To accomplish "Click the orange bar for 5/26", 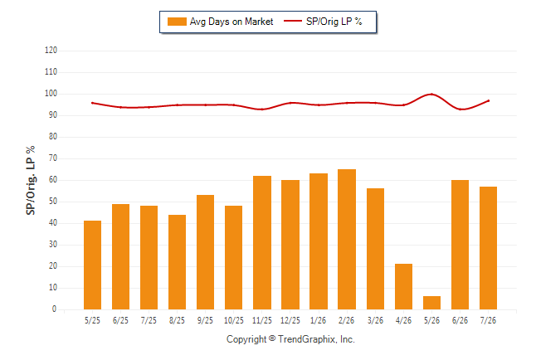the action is [431, 303].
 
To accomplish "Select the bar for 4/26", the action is [403, 286].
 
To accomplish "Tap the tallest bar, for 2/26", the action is [347, 240].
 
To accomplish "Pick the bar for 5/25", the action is [92, 265].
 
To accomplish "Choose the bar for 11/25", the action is [262, 243].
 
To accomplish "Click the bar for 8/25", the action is [177, 262].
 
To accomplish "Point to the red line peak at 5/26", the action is [431, 94].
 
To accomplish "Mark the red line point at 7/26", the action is [488, 101].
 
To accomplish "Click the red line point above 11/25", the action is [262, 109].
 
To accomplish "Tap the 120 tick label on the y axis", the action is [51, 51].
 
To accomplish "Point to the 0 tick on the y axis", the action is [54, 309].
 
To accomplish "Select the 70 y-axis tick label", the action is [52, 158].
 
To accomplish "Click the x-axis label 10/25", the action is [234, 320].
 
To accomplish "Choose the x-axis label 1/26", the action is [319, 320].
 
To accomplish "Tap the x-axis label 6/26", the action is [460, 320].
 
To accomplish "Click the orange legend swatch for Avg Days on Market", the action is [177, 22].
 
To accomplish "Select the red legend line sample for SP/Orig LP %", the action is [293, 22].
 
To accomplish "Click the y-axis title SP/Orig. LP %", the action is [31, 180].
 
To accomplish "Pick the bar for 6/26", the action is [460, 245].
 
